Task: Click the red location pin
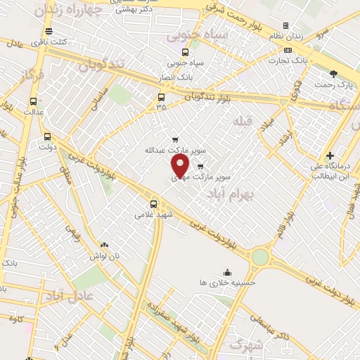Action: (x=181, y=166)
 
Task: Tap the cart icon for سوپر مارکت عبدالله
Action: (x=174, y=139)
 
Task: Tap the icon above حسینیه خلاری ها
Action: (x=227, y=272)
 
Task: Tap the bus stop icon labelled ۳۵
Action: (x=162, y=98)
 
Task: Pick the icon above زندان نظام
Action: (x=285, y=26)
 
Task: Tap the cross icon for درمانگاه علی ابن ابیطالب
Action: (x=330, y=155)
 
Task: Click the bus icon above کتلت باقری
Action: (x=49, y=31)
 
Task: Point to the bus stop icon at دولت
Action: (x=47, y=137)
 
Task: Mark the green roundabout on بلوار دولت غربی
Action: (x=261, y=257)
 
